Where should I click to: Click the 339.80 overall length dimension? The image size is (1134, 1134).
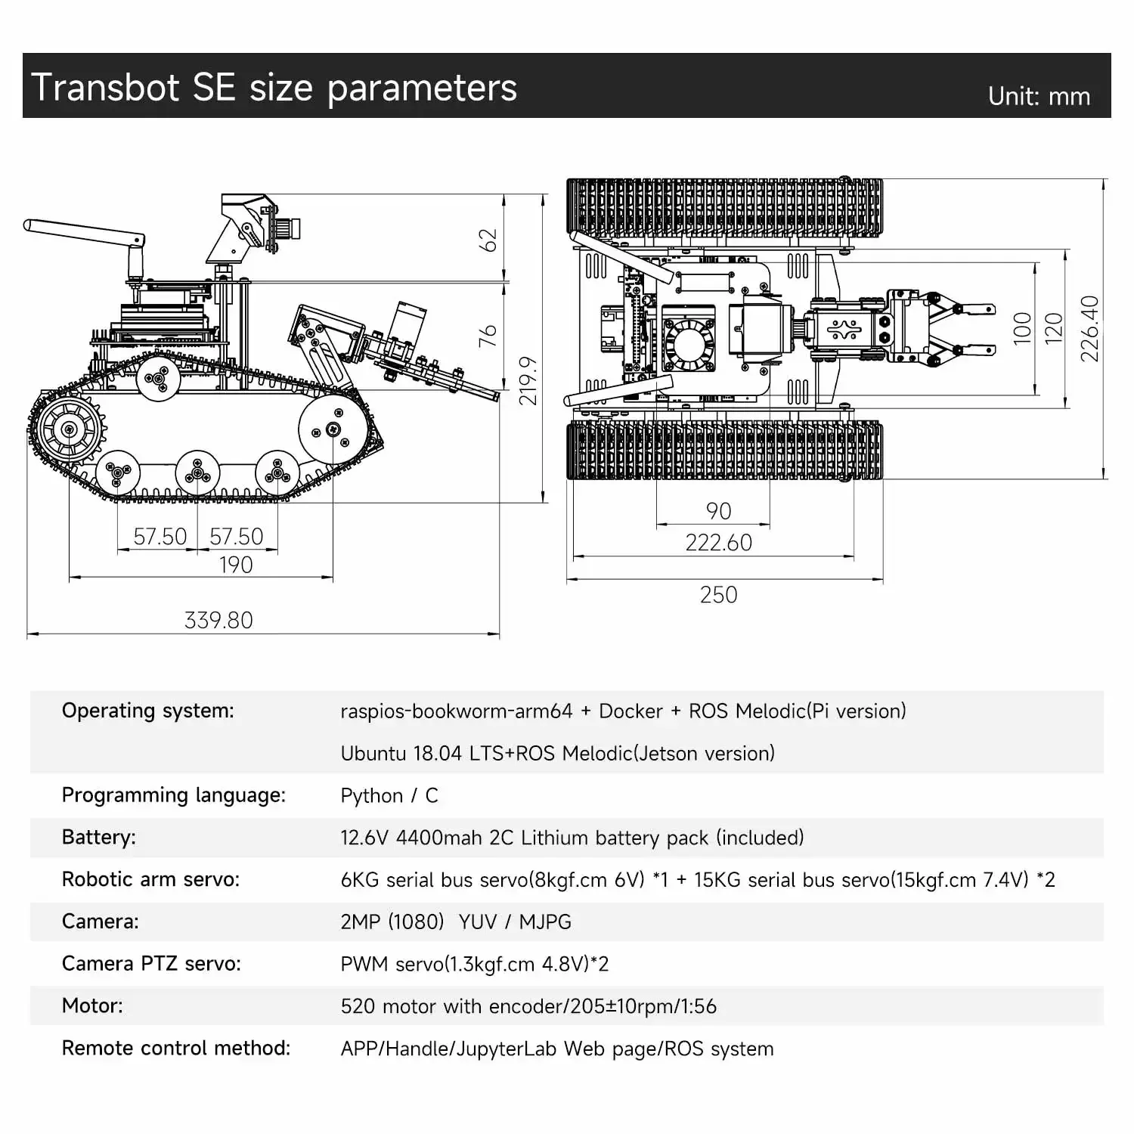pos(218,620)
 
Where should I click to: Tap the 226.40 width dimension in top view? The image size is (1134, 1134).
pos(1089,328)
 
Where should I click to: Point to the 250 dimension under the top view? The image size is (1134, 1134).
pos(718,595)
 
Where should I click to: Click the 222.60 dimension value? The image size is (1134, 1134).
pos(718,543)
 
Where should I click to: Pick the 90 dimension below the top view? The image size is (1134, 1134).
pos(718,511)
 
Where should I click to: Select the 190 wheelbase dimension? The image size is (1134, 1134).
pos(236,565)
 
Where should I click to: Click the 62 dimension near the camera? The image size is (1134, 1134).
pos(489,240)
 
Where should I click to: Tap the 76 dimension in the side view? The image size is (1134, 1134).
pos(488,336)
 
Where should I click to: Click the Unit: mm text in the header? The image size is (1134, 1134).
pos(1039,97)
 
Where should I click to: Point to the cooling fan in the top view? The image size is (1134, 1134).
pos(688,344)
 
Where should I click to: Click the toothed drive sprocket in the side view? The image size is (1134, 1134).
pos(69,429)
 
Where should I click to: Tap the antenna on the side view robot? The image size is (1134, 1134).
pos(83,232)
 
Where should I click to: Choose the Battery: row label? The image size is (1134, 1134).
pos(99,837)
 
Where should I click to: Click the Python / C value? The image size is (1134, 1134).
pos(389,795)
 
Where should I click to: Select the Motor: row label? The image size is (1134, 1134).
pos(92,1005)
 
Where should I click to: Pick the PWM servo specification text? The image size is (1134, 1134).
pos(474,964)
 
